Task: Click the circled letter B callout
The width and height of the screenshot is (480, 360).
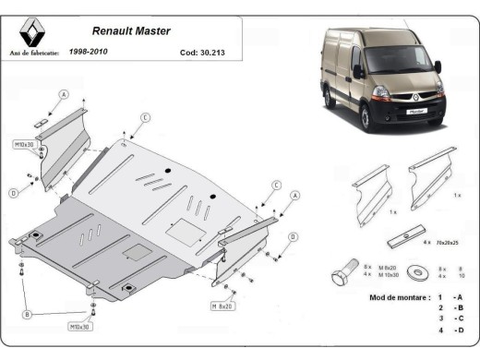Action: click(27, 315)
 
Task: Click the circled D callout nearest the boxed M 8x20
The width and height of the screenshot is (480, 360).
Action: click(293, 237)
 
